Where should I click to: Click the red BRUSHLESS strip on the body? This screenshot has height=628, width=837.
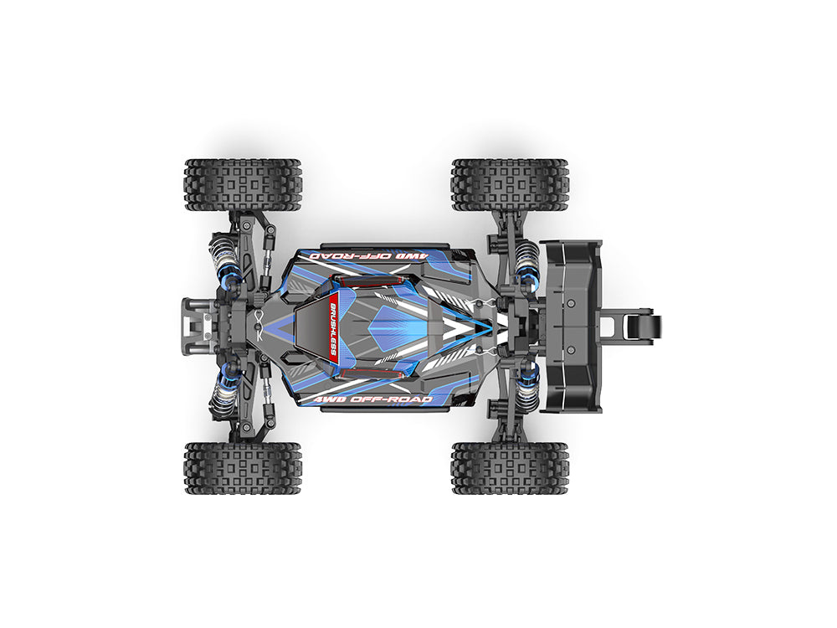(332, 327)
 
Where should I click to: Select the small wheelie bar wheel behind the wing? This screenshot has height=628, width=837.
(651, 327)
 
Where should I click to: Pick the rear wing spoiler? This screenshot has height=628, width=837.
(571, 327)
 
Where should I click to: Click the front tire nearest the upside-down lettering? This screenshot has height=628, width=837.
(243, 184)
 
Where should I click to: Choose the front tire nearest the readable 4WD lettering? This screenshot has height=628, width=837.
(243, 467)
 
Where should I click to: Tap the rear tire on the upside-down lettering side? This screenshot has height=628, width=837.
(510, 184)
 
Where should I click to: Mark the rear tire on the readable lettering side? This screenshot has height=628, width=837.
(510, 467)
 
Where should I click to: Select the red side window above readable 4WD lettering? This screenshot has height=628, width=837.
(368, 371)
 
